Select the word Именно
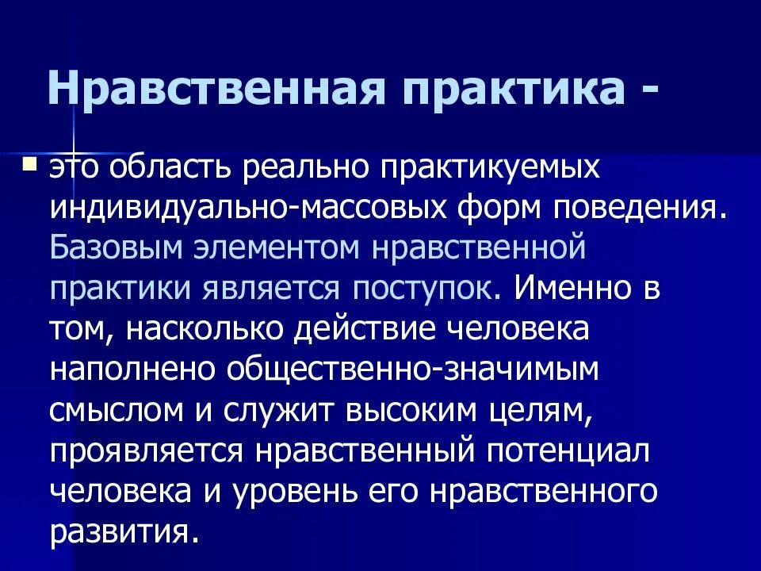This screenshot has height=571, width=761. coord(566,287)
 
